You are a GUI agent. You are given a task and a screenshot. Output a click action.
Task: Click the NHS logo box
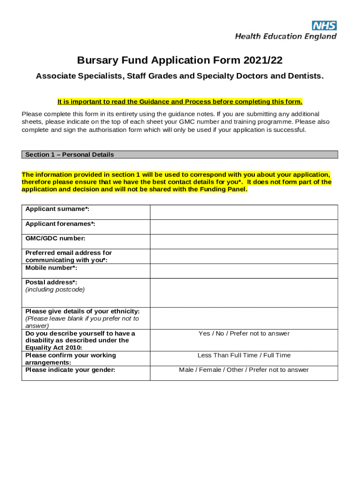[324, 26]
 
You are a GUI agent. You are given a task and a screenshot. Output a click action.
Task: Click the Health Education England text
[286, 36]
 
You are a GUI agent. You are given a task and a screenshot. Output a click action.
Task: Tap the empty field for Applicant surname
[244, 212]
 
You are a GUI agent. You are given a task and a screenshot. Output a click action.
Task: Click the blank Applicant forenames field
[244, 227]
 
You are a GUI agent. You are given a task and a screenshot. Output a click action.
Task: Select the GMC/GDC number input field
[244, 241]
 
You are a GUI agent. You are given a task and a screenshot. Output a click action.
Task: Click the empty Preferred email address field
[244, 256]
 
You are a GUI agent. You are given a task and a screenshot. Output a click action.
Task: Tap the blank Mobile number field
[244, 271]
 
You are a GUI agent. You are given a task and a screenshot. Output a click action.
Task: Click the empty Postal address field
[244, 293]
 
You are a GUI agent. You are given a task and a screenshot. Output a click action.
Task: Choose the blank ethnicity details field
[244, 318]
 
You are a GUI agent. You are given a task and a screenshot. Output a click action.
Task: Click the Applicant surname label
[58, 209]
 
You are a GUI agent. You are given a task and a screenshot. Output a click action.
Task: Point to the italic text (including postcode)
[55, 290]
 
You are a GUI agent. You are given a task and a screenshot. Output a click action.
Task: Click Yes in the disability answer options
[204, 334]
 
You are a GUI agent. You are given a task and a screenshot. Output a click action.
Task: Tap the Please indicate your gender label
[70, 370]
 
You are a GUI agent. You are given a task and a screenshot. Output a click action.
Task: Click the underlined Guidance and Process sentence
[180, 102]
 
